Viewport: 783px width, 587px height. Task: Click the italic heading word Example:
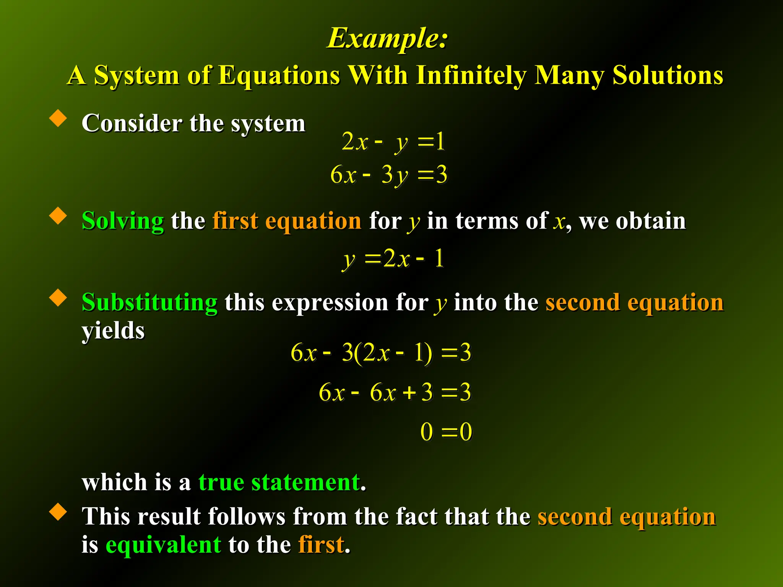pyautogui.click(x=387, y=38)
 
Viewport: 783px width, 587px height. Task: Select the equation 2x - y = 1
pyautogui.click(x=393, y=142)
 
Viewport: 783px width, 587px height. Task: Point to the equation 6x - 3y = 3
pyautogui.click(x=388, y=175)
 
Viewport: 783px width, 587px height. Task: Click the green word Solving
pyautogui.click(x=123, y=221)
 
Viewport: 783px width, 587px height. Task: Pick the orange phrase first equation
pyautogui.click(x=287, y=221)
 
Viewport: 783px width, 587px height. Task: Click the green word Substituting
pyautogui.click(x=149, y=302)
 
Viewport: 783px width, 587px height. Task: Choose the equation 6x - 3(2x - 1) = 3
pyautogui.click(x=381, y=352)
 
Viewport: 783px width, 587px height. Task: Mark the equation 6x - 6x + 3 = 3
pyautogui.click(x=395, y=392)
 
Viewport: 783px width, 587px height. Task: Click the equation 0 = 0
pyautogui.click(x=446, y=432)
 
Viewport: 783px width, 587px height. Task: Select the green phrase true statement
pyautogui.click(x=279, y=482)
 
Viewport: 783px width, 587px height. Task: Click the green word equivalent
pyautogui.click(x=163, y=544)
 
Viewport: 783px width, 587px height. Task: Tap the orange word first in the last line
pyautogui.click(x=321, y=544)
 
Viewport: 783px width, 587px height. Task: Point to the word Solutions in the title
pyautogui.click(x=668, y=75)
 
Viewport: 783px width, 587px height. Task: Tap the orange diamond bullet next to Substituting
pyautogui.click(x=58, y=297)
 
